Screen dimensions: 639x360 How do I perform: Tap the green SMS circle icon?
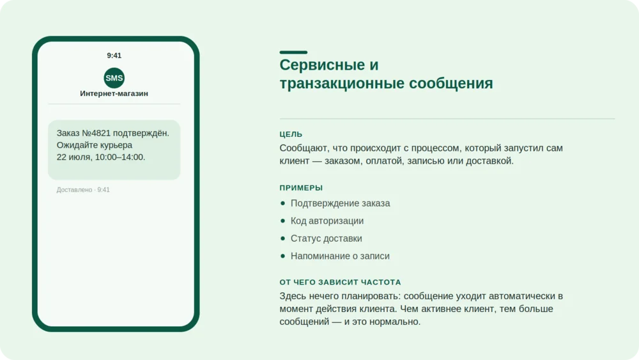(x=114, y=78)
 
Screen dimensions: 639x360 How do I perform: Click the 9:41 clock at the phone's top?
(x=114, y=56)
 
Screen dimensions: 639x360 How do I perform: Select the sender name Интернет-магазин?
(x=114, y=93)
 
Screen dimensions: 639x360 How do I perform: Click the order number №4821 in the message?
(x=96, y=133)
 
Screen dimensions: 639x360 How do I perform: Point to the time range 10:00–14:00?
(x=120, y=157)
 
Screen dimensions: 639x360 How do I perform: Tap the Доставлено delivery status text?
(x=74, y=189)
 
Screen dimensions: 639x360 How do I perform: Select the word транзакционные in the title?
(x=341, y=83)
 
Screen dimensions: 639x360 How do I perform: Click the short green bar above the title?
(x=293, y=52)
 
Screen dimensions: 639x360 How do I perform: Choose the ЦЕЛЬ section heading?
(x=291, y=134)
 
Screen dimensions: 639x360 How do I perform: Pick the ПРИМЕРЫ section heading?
(x=301, y=187)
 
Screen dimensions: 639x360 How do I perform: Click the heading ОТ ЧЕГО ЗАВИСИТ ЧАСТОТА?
(x=341, y=282)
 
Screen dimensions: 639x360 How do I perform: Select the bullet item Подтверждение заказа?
(x=341, y=203)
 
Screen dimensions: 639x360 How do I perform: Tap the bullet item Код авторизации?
(x=327, y=221)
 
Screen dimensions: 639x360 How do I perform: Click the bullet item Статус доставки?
(x=326, y=238)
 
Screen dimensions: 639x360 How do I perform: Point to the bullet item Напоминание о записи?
(x=340, y=256)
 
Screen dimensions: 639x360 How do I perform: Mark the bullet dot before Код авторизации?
(x=283, y=221)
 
